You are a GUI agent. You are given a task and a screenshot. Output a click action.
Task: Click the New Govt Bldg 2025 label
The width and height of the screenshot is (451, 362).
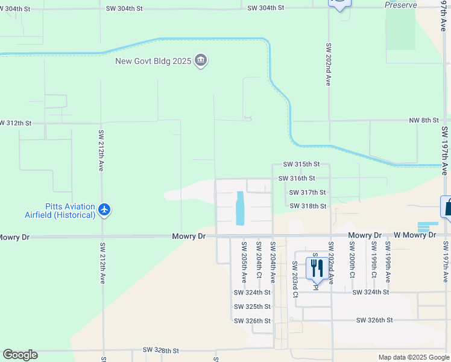[154, 61]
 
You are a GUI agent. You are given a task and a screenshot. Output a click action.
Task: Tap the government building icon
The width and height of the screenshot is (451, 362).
[201, 61]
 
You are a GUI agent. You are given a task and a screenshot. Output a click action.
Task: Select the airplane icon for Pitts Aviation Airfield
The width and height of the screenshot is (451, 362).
[105, 210]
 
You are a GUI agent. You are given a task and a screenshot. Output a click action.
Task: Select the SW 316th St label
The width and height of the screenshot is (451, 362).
[297, 178]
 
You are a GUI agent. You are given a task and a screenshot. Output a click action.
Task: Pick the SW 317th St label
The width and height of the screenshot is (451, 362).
[307, 192]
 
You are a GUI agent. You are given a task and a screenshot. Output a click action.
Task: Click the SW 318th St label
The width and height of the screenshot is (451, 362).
[307, 206]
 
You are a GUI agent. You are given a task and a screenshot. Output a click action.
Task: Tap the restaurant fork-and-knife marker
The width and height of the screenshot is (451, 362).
[317, 267]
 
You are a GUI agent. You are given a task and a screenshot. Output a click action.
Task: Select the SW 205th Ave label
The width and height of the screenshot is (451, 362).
[244, 262]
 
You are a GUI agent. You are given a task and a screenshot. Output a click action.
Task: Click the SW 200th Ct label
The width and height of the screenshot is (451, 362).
[352, 259]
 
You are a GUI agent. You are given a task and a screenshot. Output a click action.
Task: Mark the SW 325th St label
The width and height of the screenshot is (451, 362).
[252, 306]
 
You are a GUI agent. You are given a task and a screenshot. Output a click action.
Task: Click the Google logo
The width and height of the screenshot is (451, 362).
[20, 355]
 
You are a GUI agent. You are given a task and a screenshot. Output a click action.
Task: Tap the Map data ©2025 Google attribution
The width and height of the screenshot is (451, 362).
[414, 357]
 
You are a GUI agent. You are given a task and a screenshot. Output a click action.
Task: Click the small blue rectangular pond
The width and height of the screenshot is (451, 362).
[241, 207]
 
